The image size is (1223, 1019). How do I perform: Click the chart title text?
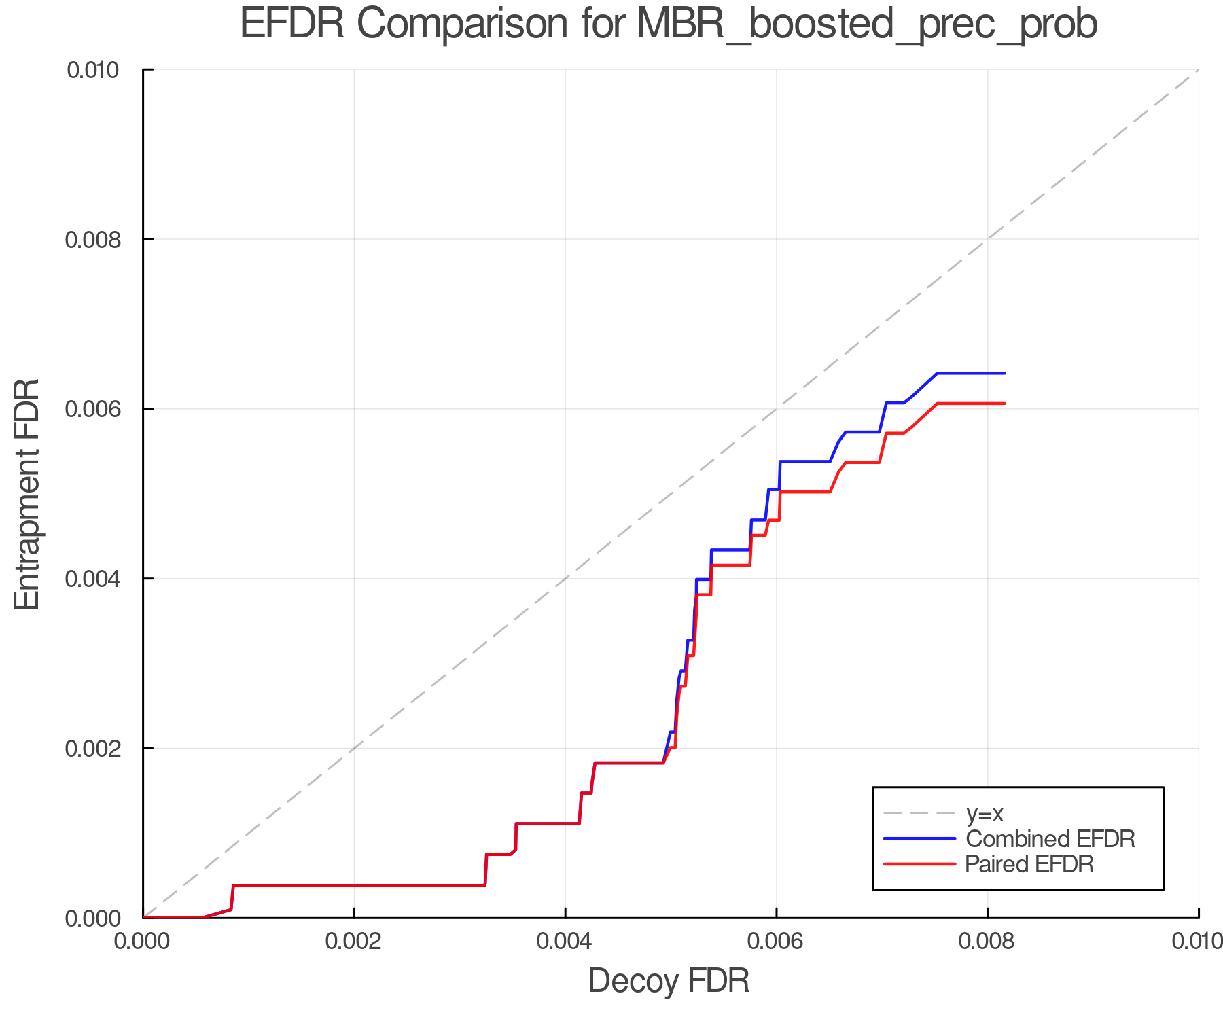click(669, 24)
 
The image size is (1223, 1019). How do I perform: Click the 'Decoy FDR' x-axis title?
click(669, 980)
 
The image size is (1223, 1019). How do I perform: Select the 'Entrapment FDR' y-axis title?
click(27, 494)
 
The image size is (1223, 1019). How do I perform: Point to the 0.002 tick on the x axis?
click(354, 942)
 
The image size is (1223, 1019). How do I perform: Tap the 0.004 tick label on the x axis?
click(565, 942)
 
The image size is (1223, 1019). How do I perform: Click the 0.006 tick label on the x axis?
click(776, 942)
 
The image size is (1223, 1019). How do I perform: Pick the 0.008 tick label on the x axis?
click(987, 942)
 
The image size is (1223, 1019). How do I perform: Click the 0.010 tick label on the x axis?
click(1197, 942)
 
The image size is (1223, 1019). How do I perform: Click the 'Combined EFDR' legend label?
click(1050, 839)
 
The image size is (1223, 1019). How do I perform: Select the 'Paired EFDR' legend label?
click(1029, 864)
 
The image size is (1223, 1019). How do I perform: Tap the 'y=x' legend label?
click(985, 813)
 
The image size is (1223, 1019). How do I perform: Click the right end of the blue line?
click(1004, 373)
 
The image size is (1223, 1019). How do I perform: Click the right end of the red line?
click(1004, 404)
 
